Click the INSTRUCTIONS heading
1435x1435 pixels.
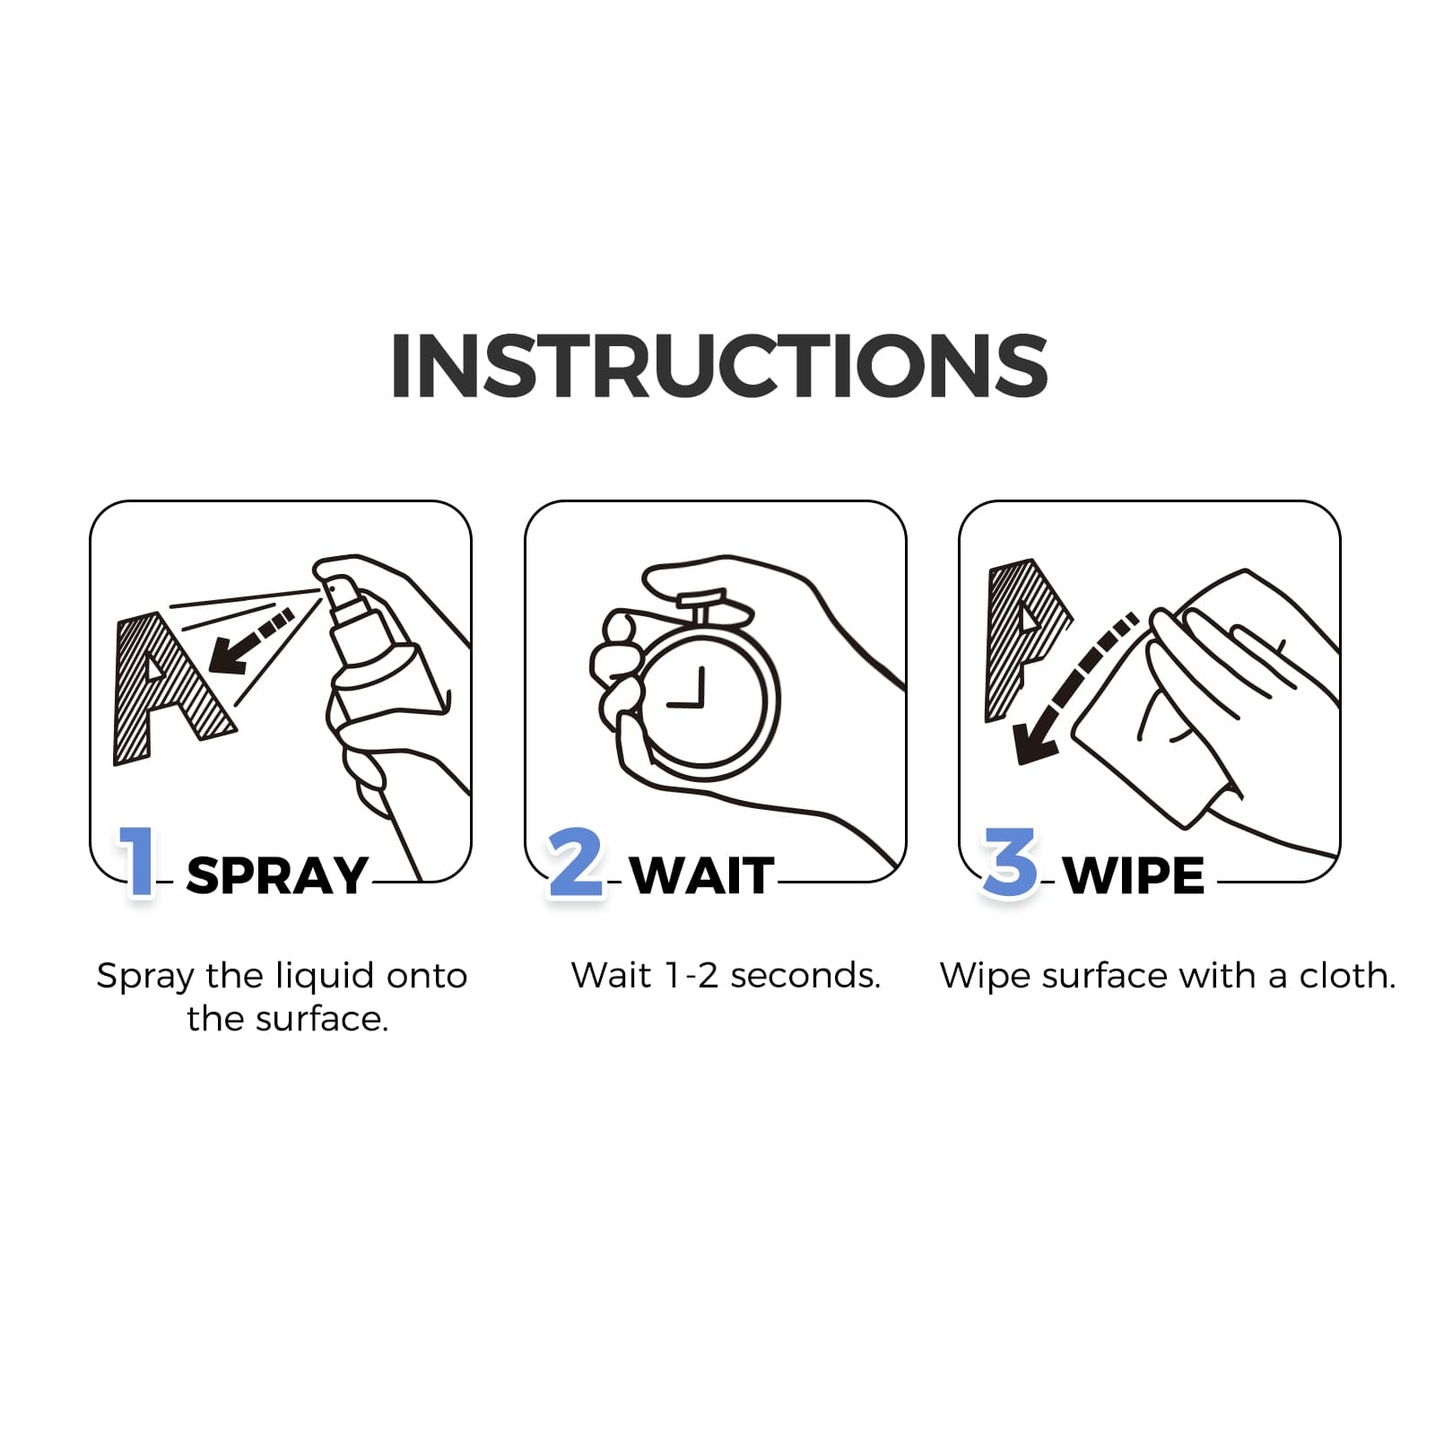click(x=719, y=366)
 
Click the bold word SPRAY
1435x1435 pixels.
click(x=277, y=876)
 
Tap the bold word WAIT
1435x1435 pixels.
click(x=702, y=876)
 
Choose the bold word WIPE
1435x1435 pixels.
click(x=1135, y=876)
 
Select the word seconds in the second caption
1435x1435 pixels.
click(x=804, y=976)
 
